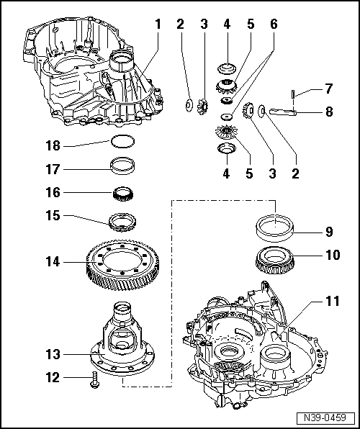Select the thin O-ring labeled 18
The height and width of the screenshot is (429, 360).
point(122,142)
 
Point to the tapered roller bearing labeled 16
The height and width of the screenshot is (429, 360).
point(123,194)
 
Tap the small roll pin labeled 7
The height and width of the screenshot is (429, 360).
point(293,94)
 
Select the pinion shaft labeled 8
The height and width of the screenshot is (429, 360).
point(283,112)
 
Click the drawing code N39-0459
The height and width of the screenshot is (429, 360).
point(325,417)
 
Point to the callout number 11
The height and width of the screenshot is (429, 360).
point(333,301)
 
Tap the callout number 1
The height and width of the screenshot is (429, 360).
point(158,24)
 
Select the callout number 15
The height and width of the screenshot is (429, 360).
point(53,216)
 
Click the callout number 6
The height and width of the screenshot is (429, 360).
point(274,24)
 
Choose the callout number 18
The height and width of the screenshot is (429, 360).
point(53,145)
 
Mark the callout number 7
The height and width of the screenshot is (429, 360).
point(328,89)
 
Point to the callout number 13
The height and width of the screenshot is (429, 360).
point(53,355)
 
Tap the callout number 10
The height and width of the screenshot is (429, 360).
point(333,255)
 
